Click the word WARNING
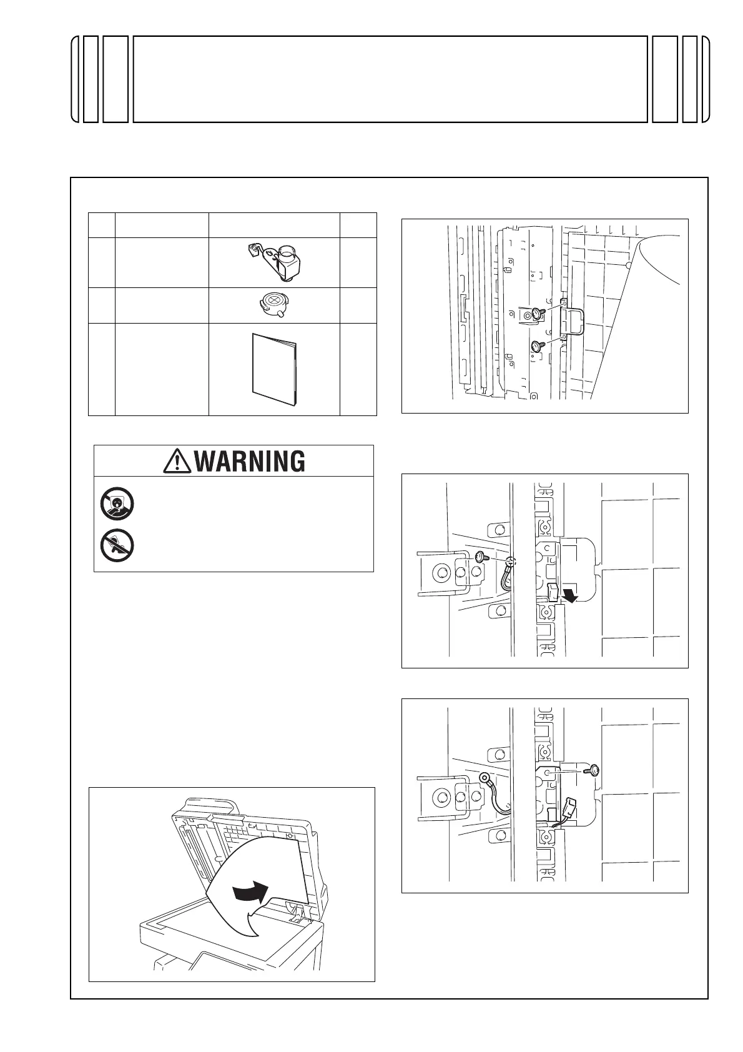click(x=250, y=461)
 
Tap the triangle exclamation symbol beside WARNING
click(x=177, y=461)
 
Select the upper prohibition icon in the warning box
click(x=116, y=504)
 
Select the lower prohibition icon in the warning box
click(x=116, y=545)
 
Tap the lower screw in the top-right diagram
click(x=537, y=345)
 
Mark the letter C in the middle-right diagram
click(x=548, y=547)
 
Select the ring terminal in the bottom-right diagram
click(x=484, y=778)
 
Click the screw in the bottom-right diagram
click(x=591, y=771)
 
